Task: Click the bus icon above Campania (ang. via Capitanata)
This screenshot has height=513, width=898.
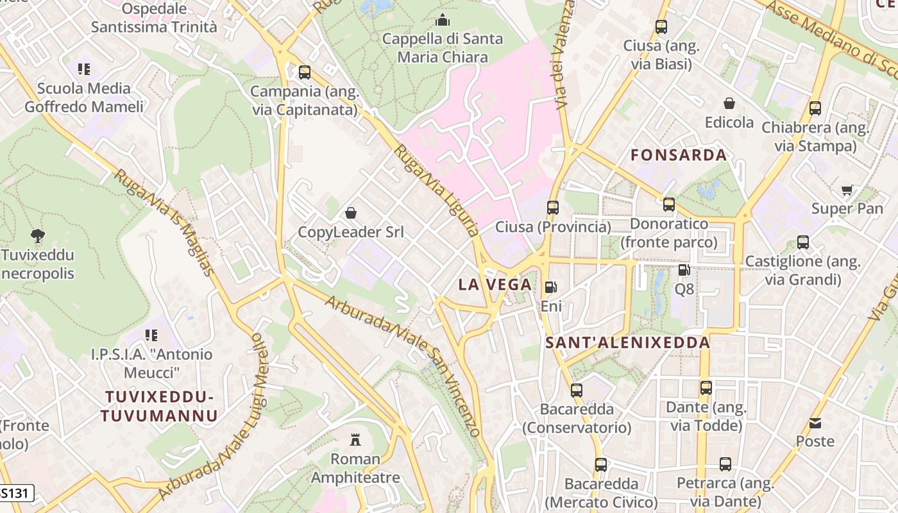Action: coord(305,72)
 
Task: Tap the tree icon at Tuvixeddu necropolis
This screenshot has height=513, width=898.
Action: coord(38,236)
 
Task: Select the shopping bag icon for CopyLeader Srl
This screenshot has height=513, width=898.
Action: coord(351,213)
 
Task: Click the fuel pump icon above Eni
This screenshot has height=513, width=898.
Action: coord(550,287)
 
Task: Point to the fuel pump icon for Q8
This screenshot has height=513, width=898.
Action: coord(684,270)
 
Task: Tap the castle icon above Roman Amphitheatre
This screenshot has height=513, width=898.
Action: coord(355,440)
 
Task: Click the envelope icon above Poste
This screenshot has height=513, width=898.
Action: coord(815,423)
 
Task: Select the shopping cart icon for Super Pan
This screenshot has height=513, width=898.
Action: coord(847,190)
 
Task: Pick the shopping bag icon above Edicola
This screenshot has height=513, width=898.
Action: coord(729,103)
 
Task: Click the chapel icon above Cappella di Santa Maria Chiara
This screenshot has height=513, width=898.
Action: coord(442,21)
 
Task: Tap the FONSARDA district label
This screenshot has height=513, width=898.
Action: coord(679,155)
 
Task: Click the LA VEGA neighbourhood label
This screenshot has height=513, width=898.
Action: coord(495,285)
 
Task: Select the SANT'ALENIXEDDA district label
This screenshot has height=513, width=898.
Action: coord(627,342)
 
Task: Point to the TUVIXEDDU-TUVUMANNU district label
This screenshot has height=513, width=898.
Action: coord(159,406)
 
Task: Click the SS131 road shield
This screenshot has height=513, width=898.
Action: coord(15,493)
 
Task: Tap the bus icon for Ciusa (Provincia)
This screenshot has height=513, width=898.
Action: coord(552,208)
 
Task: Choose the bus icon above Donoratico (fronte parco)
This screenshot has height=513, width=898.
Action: coord(669,205)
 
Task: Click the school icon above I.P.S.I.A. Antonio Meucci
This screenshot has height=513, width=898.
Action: coord(151,335)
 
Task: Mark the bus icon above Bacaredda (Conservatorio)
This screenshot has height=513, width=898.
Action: coord(577,390)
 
